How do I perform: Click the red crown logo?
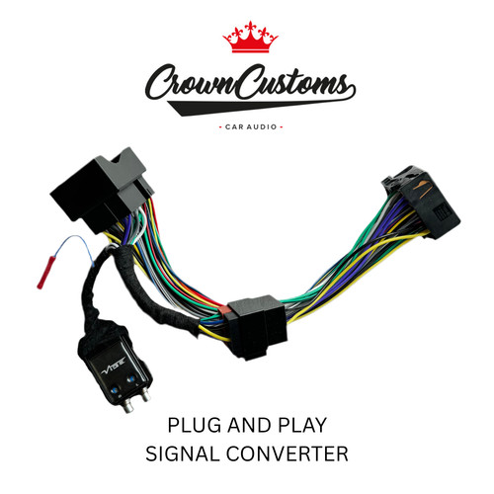point(250,38)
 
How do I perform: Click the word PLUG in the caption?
point(194,425)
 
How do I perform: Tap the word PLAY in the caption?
point(302,425)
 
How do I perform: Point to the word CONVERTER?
point(287,453)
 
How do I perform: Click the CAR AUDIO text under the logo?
point(251,127)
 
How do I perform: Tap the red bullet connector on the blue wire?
point(46,273)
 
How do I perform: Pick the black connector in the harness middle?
point(256,327)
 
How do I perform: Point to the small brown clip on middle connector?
point(223,311)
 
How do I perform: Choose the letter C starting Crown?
point(157,83)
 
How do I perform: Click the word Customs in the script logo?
point(293,82)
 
